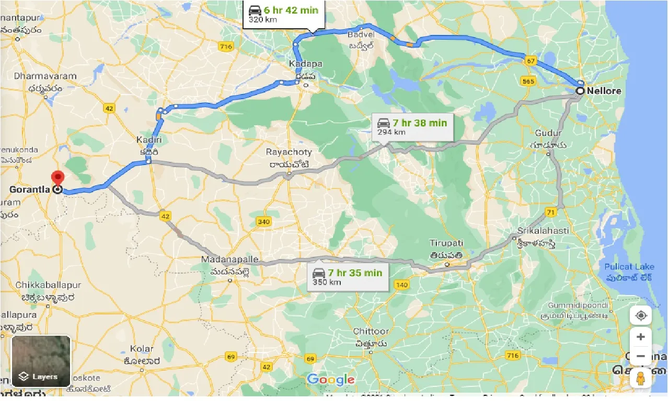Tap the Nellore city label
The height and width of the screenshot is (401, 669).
pyautogui.click(x=604, y=91)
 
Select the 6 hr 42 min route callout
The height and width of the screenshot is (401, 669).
pyautogui.click(x=284, y=14)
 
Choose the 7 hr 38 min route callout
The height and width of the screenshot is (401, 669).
pyautogui.click(x=412, y=127)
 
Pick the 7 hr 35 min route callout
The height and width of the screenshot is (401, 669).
pyautogui.click(x=349, y=277)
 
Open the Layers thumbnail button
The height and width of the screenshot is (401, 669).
pyautogui.click(x=41, y=361)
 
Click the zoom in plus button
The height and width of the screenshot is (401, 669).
pyautogui.click(x=641, y=337)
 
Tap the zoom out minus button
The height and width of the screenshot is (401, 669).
pyautogui.click(x=641, y=357)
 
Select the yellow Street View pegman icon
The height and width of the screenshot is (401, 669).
pyautogui.click(x=641, y=378)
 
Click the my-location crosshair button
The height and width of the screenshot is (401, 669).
pyautogui.click(x=641, y=316)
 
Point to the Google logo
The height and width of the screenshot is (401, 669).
pyautogui.click(x=330, y=380)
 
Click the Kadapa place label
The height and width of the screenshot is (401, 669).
pyautogui.click(x=306, y=64)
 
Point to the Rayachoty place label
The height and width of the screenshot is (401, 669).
pyautogui.click(x=289, y=152)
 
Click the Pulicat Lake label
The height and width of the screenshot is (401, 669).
pyautogui.click(x=629, y=267)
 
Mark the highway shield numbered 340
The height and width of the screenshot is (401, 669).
pyautogui.click(x=264, y=222)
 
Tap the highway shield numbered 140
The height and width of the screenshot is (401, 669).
pyautogui.click(x=401, y=285)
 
